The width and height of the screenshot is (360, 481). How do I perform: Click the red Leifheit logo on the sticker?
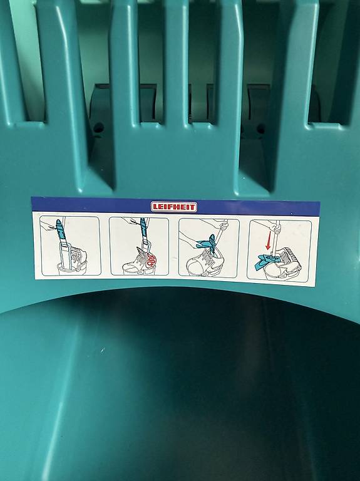174,207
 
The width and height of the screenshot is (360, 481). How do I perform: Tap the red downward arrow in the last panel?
269,241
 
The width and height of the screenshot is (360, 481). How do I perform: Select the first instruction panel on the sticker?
70,246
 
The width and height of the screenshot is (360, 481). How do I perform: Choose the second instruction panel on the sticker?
139,246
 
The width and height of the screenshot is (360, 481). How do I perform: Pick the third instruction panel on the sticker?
208,248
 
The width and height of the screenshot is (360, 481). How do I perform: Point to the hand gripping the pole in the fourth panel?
275,227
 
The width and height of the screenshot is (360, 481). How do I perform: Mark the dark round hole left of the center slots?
98,127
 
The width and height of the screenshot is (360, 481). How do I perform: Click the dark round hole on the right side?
260,129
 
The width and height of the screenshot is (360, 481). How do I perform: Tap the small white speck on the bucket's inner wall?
103,349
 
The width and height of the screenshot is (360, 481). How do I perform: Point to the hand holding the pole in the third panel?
224,226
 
